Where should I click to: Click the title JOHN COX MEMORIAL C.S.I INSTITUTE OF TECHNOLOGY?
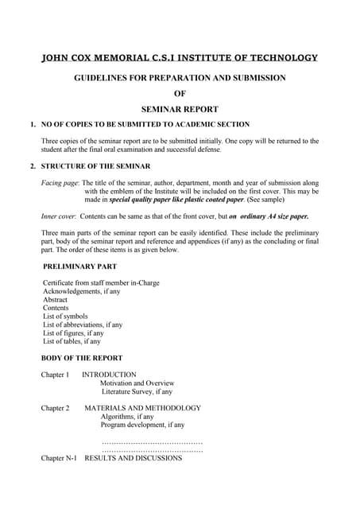(x=179, y=58)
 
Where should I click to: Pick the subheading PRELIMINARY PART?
(x=79, y=266)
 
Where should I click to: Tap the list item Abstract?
(x=55, y=300)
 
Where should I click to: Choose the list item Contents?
(x=56, y=308)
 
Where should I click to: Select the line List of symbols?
(x=67, y=317)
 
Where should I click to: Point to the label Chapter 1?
(x=55, y=374)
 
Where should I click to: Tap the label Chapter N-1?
(x=58, y=458)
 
